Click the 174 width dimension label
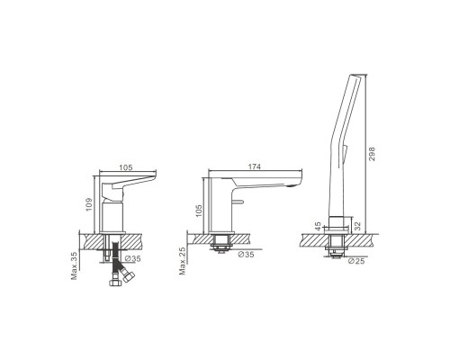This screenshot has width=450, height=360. [x=255, y=166]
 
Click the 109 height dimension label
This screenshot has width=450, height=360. [x=89, y=204]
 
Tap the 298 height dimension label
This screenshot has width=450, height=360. [x=372, y=154]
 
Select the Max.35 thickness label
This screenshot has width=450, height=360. [x=74, y=265]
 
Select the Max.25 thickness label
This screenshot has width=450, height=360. [x=183, y=261]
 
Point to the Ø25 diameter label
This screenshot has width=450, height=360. [x=356, y=261]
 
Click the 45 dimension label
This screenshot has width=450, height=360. [x=318, y=225]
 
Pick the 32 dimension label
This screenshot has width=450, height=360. [x=357, y=226]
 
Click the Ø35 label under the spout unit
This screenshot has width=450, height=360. [x=246, y=255]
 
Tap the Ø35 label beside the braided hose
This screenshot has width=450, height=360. [x=132, y=258]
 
